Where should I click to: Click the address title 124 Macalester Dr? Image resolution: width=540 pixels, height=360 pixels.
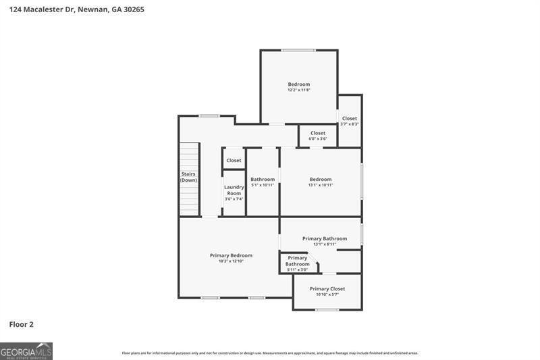point(76,10)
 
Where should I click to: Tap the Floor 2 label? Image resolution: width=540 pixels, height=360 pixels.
point(21,324)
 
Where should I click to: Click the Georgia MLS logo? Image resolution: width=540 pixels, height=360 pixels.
point(26,351)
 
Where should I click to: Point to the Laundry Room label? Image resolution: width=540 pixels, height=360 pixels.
point(234,190)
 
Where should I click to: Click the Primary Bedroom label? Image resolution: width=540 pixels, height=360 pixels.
point(231,255)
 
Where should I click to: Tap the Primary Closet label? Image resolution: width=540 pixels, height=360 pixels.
point(327,288)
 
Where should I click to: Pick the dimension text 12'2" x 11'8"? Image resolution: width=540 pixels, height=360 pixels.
point(299,90)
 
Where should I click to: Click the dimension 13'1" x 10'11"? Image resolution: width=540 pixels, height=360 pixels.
point(321,184)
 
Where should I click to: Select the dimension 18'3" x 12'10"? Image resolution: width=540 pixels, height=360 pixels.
point(231,261)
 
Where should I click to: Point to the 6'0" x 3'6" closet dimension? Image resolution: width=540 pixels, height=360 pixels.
point(318,138)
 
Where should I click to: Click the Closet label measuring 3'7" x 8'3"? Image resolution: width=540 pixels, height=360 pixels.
point(350,118)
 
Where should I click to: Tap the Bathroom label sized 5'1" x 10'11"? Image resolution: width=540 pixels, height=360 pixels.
point(263,179)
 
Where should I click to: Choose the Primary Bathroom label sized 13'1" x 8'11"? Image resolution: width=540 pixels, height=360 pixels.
point(325,238)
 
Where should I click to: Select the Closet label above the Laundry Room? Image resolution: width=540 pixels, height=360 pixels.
point(234,161)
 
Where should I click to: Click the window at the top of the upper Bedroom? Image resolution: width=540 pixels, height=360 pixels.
point(298,50)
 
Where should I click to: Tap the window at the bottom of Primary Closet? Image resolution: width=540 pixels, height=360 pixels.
point(327,309)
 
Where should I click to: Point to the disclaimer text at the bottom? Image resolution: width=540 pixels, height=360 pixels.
point(270,353)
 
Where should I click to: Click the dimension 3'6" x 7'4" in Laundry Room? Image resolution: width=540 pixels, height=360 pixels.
point(234,199)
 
